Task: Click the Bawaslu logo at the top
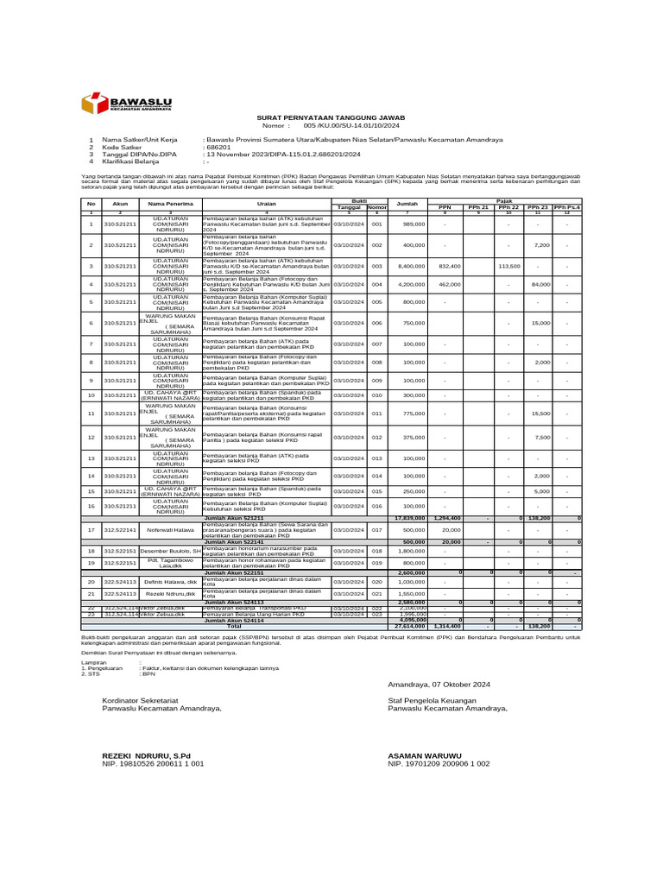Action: (125, 104)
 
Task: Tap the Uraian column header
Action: (266, 204)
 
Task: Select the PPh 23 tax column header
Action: (537, 207)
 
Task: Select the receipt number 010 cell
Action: (376, 395)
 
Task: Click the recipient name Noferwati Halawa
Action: (170, 529)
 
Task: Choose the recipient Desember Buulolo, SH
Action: (170, 550)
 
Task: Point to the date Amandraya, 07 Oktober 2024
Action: (439, 684)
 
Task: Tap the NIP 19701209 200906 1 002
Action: (439, 764)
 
